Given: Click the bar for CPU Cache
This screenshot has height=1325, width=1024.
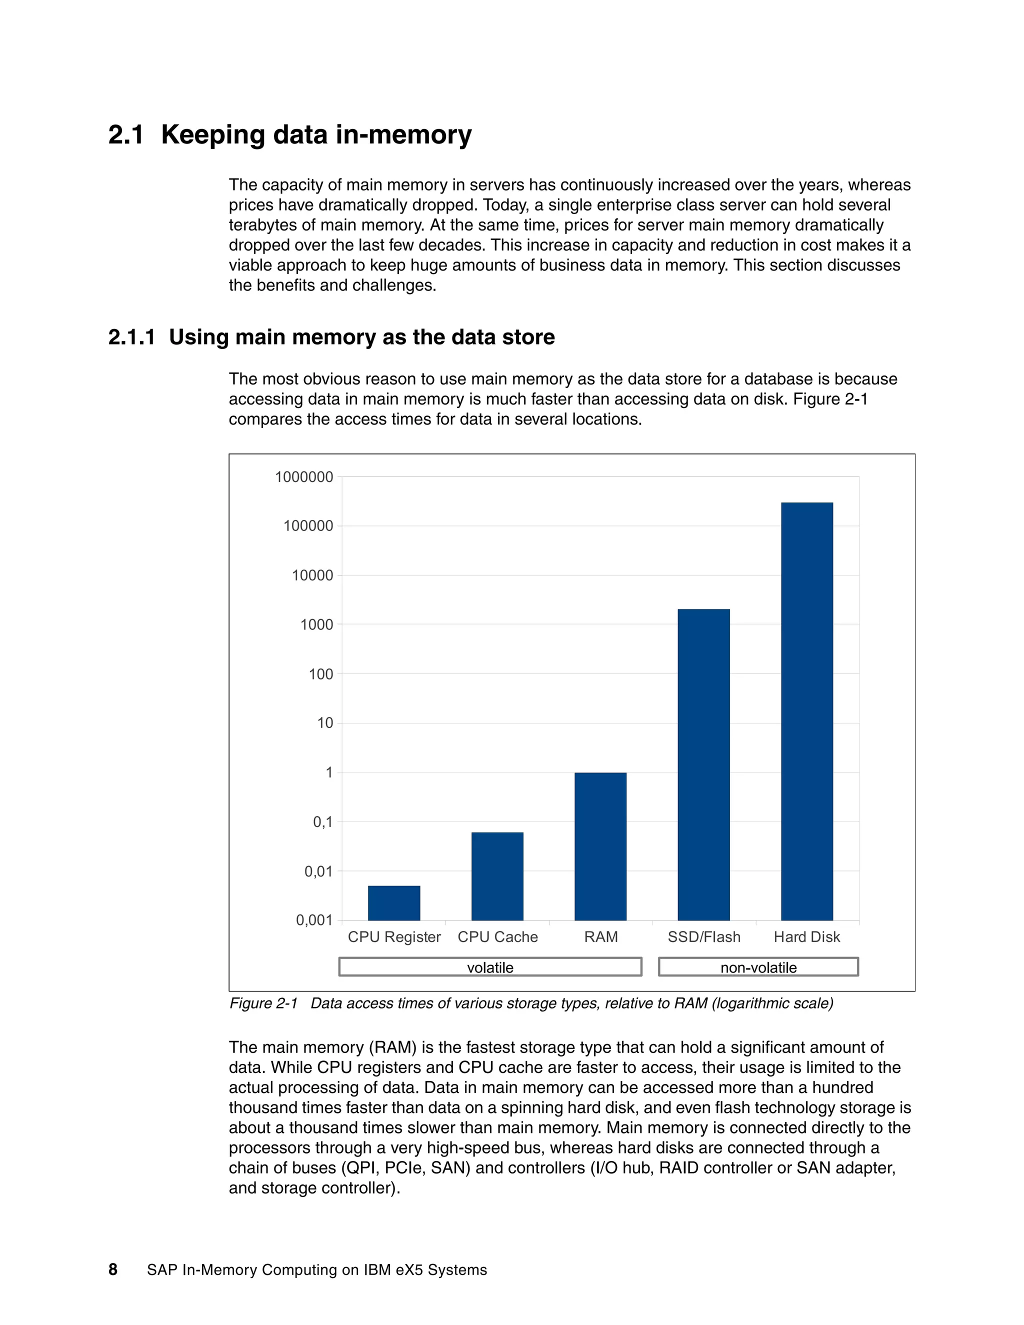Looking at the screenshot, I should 497,876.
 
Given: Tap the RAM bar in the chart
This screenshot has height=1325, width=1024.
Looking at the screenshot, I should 600,846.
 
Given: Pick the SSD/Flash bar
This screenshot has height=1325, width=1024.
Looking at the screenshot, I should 703,764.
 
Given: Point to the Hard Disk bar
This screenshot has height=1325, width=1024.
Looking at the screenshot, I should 807,711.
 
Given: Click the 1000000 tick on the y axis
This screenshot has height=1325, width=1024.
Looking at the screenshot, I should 304,477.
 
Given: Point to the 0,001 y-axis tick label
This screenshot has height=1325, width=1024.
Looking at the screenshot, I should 314,920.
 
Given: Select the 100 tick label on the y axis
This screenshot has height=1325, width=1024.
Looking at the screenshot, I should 321,674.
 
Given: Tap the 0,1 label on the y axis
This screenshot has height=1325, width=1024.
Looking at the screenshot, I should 322,822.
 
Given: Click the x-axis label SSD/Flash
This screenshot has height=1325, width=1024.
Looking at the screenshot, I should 703,936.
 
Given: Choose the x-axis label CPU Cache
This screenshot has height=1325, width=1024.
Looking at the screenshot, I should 497,936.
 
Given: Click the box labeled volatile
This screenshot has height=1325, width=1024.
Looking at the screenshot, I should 490,967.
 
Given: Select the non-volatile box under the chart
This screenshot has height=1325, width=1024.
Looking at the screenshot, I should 758,967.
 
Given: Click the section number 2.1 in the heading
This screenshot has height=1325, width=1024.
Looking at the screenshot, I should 126,134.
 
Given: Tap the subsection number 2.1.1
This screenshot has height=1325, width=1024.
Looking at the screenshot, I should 131,337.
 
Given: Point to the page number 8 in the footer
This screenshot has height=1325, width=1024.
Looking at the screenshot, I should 113,1269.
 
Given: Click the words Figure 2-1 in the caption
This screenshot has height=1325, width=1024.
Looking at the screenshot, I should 263,1003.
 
